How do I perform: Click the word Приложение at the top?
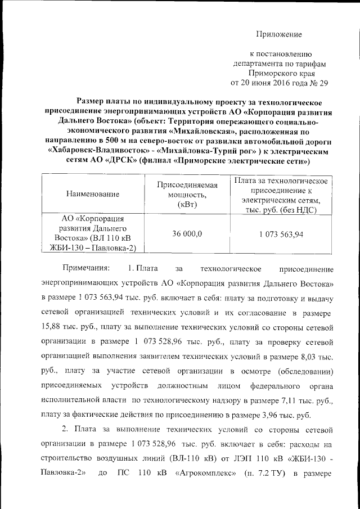(x=280, y=35)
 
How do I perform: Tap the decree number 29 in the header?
(x=322, y=83)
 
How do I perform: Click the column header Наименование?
(x=93, y=195)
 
